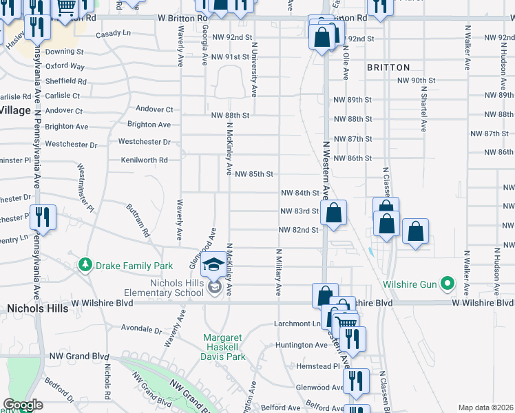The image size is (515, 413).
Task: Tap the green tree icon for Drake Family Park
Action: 85,265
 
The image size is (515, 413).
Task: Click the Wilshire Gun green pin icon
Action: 446,283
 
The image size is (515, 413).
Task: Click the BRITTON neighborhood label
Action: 388,67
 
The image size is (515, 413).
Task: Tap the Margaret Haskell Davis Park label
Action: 224,347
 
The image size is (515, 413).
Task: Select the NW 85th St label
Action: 254,174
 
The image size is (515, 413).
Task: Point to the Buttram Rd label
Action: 138,220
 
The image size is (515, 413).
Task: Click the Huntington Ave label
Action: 302,345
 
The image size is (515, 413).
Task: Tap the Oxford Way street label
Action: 65,66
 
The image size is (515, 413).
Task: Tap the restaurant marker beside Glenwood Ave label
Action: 356,382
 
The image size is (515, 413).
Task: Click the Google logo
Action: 23,405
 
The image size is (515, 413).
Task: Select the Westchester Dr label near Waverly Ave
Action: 144,142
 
